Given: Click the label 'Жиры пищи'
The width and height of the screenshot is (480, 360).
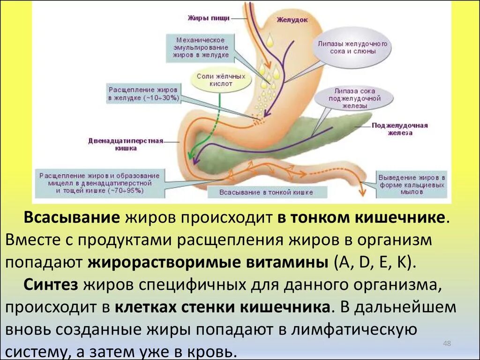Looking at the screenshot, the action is (x=208, y=18).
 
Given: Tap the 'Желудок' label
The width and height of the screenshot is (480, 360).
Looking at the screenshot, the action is (x=292, y=20).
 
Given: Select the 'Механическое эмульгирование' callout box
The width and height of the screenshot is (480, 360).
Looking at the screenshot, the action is (x=197, y=47).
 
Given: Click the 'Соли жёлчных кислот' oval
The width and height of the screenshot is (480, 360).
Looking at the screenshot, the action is (x=214, y=80).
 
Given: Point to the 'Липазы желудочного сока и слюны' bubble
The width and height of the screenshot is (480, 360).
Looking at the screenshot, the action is (x=352, y=47).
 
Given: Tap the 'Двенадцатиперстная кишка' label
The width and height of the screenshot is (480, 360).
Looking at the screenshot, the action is (x=125, y=144).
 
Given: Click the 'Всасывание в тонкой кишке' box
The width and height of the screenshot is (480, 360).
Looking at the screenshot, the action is (x=266, y=192).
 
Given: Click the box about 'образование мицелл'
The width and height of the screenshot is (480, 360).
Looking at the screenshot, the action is (x=99, y=183).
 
